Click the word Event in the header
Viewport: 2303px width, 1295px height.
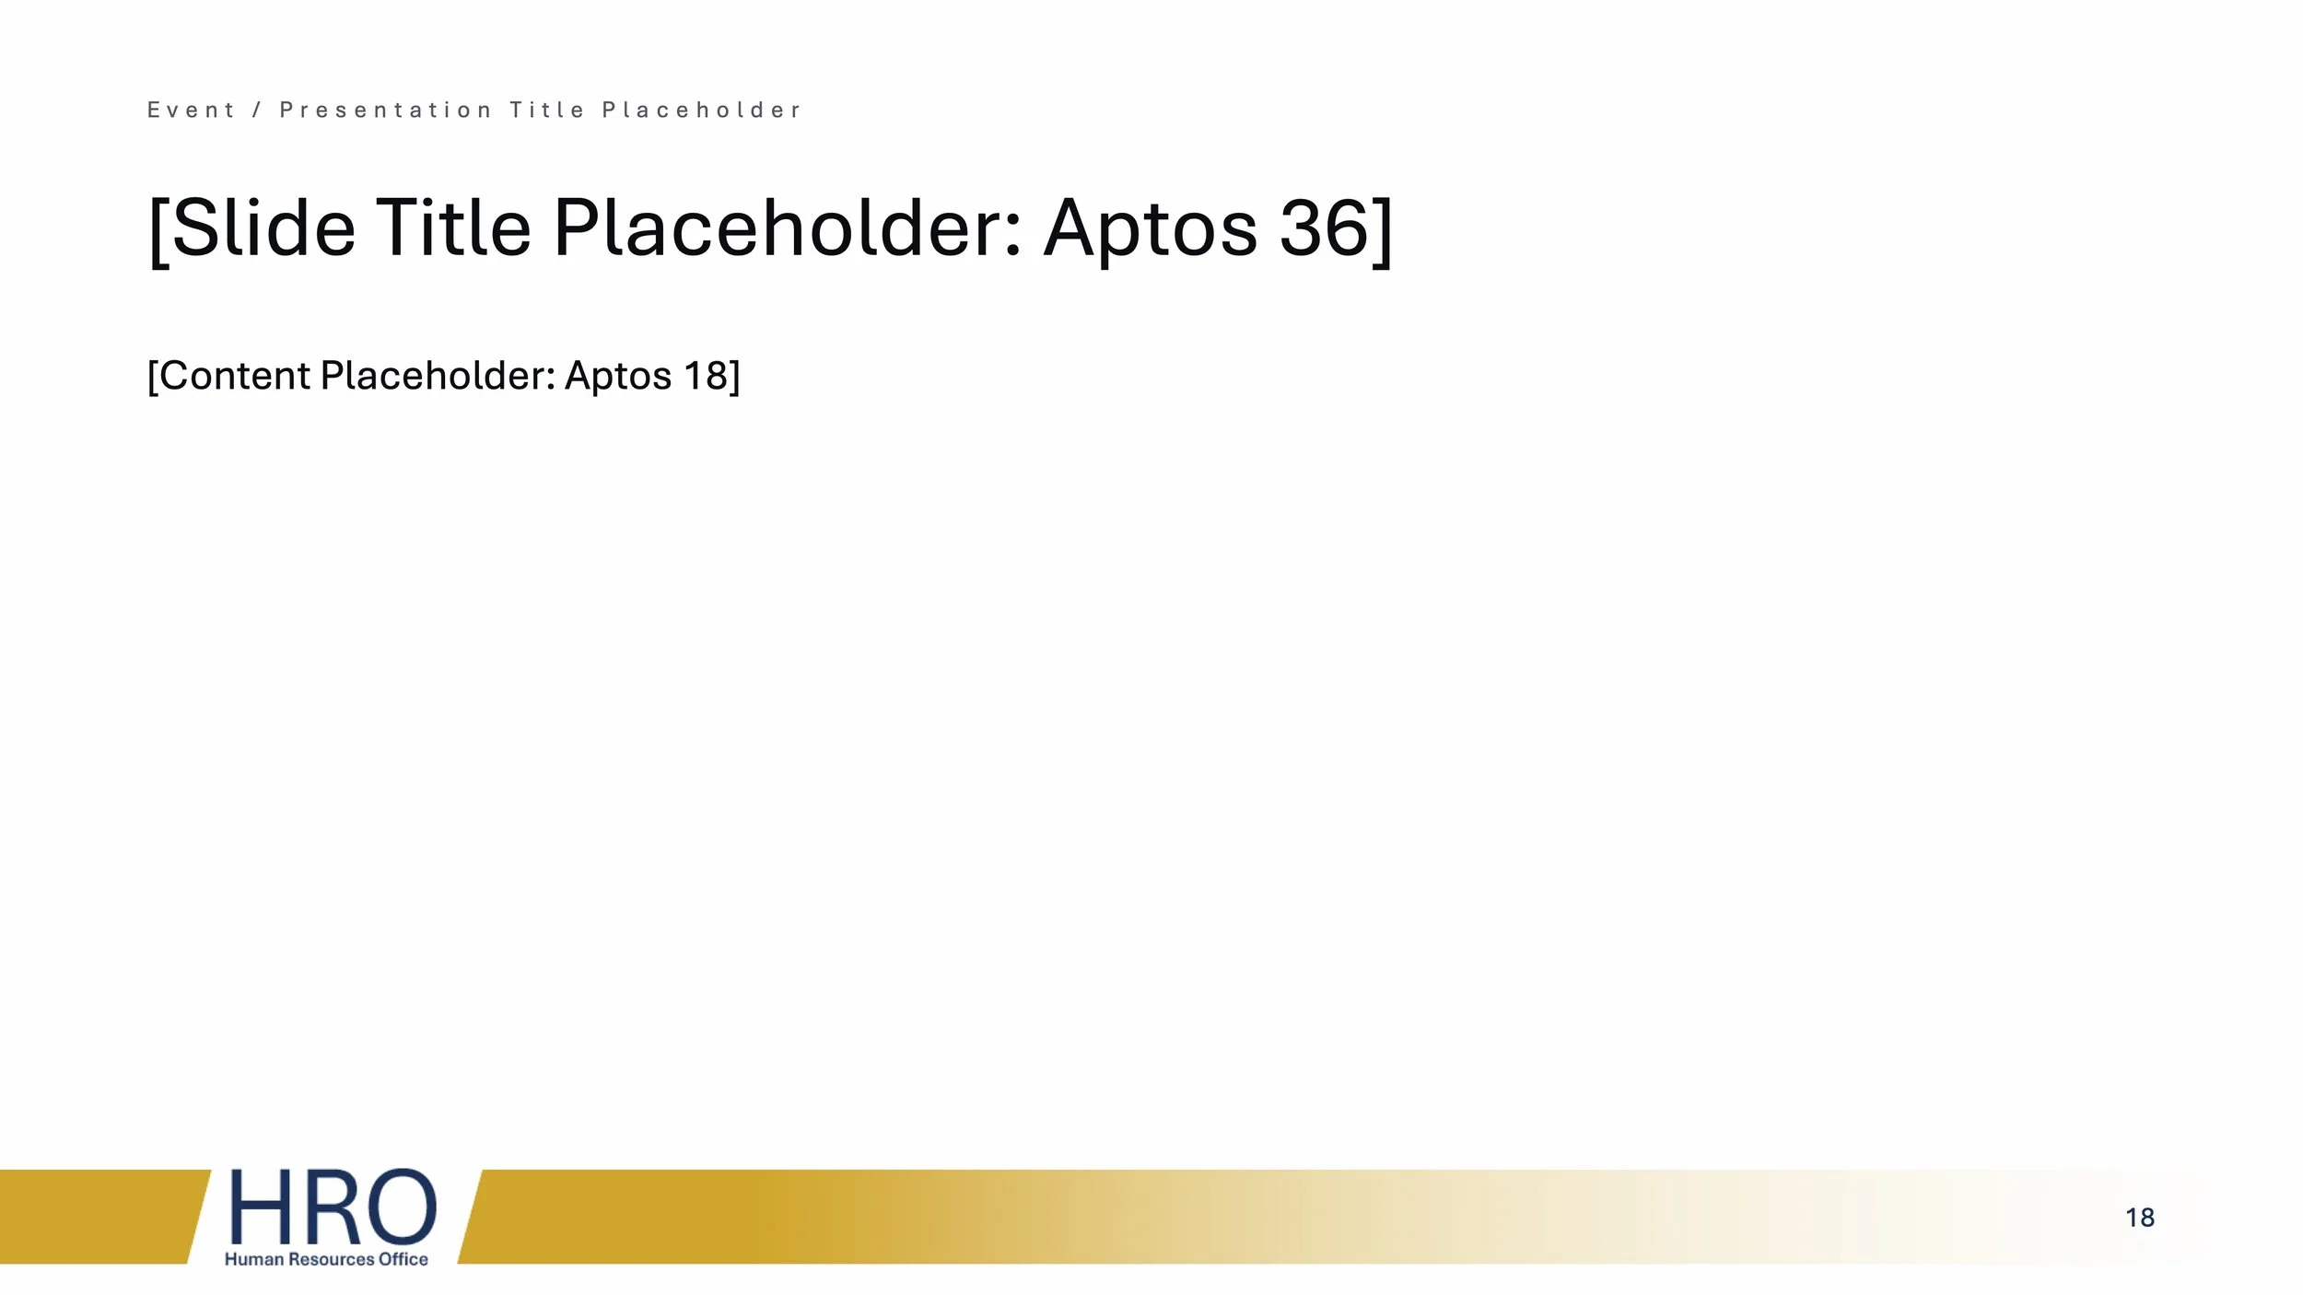click(192, 111)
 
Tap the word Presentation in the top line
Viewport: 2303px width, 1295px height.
click(385, 111)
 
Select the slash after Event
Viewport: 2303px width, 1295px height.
click(258, 111)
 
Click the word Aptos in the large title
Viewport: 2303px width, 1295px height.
click(1151, 230)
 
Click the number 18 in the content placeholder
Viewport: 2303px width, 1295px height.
click(705, 376)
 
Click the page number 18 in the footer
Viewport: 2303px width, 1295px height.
click(2140, 1218)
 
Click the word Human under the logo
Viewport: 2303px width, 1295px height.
click(253, 1259)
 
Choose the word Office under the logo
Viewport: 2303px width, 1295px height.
click(403, 1259)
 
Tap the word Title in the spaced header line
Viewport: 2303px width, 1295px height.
click(547, 111)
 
